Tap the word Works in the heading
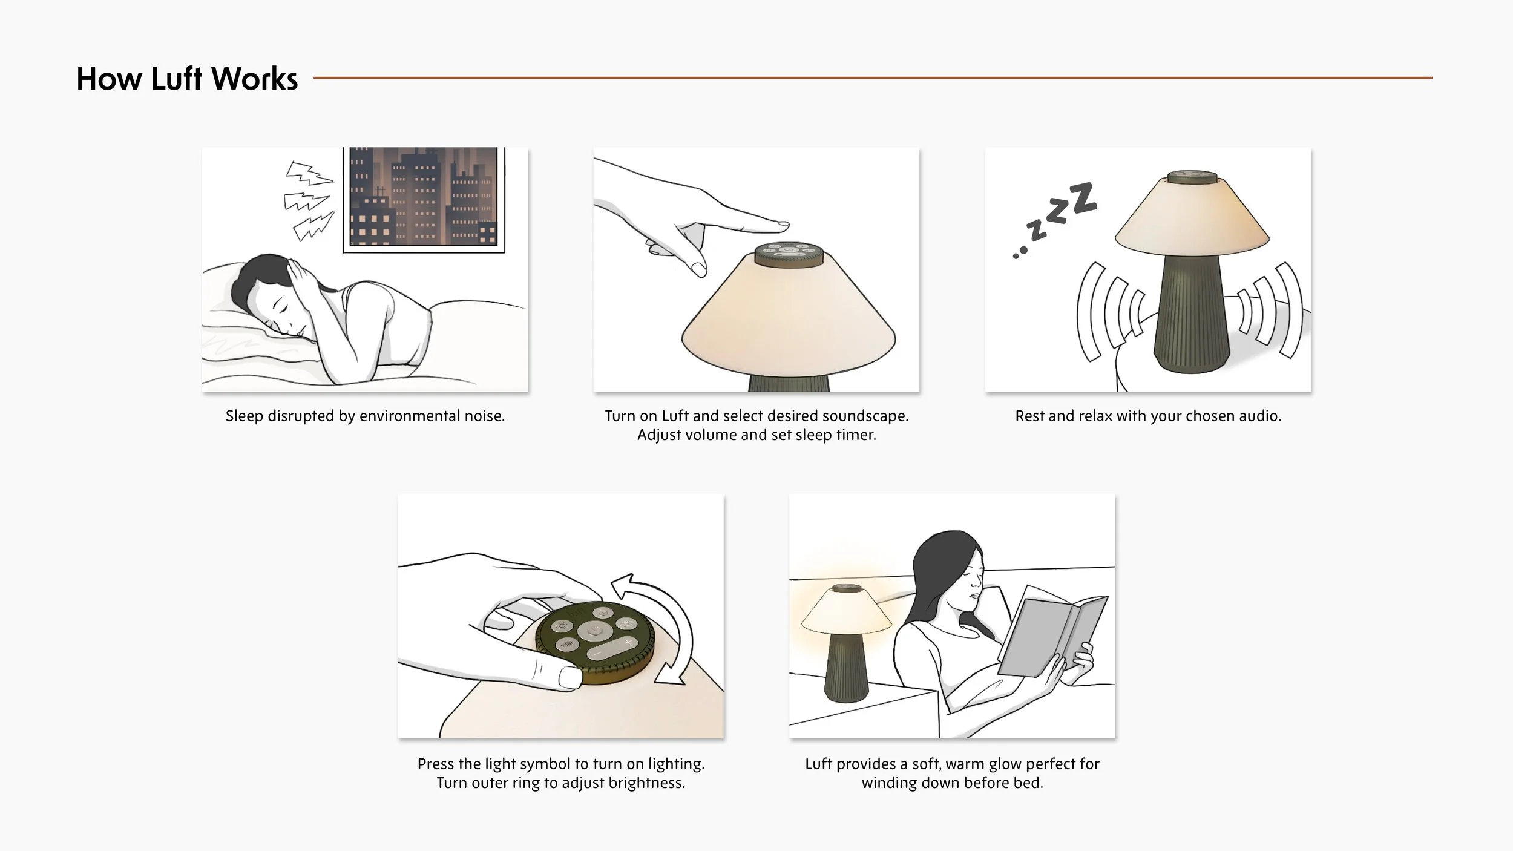[254, 79]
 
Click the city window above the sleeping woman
[424, 199]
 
